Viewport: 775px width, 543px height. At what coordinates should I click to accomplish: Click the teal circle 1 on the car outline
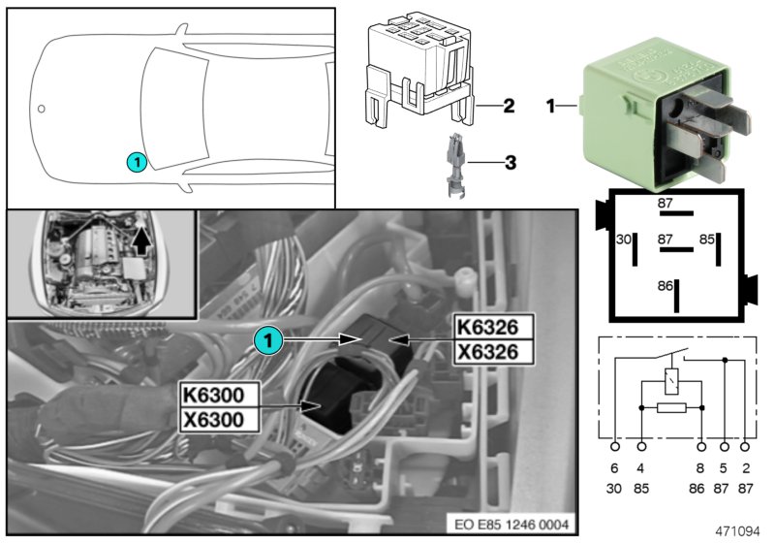tap(138, 162)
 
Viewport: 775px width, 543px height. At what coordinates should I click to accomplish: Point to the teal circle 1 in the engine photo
tap(269, 338)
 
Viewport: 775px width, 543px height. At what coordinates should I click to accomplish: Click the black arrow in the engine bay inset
tap(143, 235)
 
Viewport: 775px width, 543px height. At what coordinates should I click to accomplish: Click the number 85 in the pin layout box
tap(707, 238)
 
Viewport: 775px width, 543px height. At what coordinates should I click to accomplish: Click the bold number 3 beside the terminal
tap(508, 163)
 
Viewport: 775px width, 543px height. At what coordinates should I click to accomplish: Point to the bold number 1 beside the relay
tap(551, 105)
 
